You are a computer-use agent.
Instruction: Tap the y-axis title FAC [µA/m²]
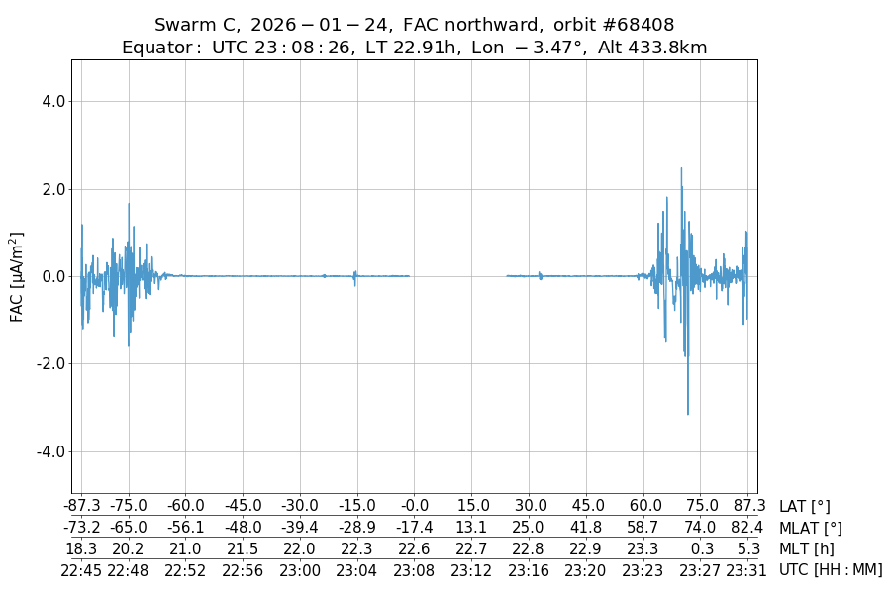point(17,276)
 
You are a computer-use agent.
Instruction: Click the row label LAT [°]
point(804,507)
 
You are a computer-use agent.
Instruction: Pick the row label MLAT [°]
point(810,528)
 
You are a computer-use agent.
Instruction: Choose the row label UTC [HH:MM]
point(830,569)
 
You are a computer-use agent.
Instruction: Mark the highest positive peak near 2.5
point(681,168)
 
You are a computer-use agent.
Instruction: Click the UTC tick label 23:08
point(414,569)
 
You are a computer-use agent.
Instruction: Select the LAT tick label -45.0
point(243,507)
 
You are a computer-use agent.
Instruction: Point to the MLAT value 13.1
point(471,528)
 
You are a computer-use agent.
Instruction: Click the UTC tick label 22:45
point(81,569)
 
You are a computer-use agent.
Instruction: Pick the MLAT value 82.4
point(746,528)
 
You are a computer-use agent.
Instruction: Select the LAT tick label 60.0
point(645,507)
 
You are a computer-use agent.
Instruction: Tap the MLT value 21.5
point(243,548)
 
